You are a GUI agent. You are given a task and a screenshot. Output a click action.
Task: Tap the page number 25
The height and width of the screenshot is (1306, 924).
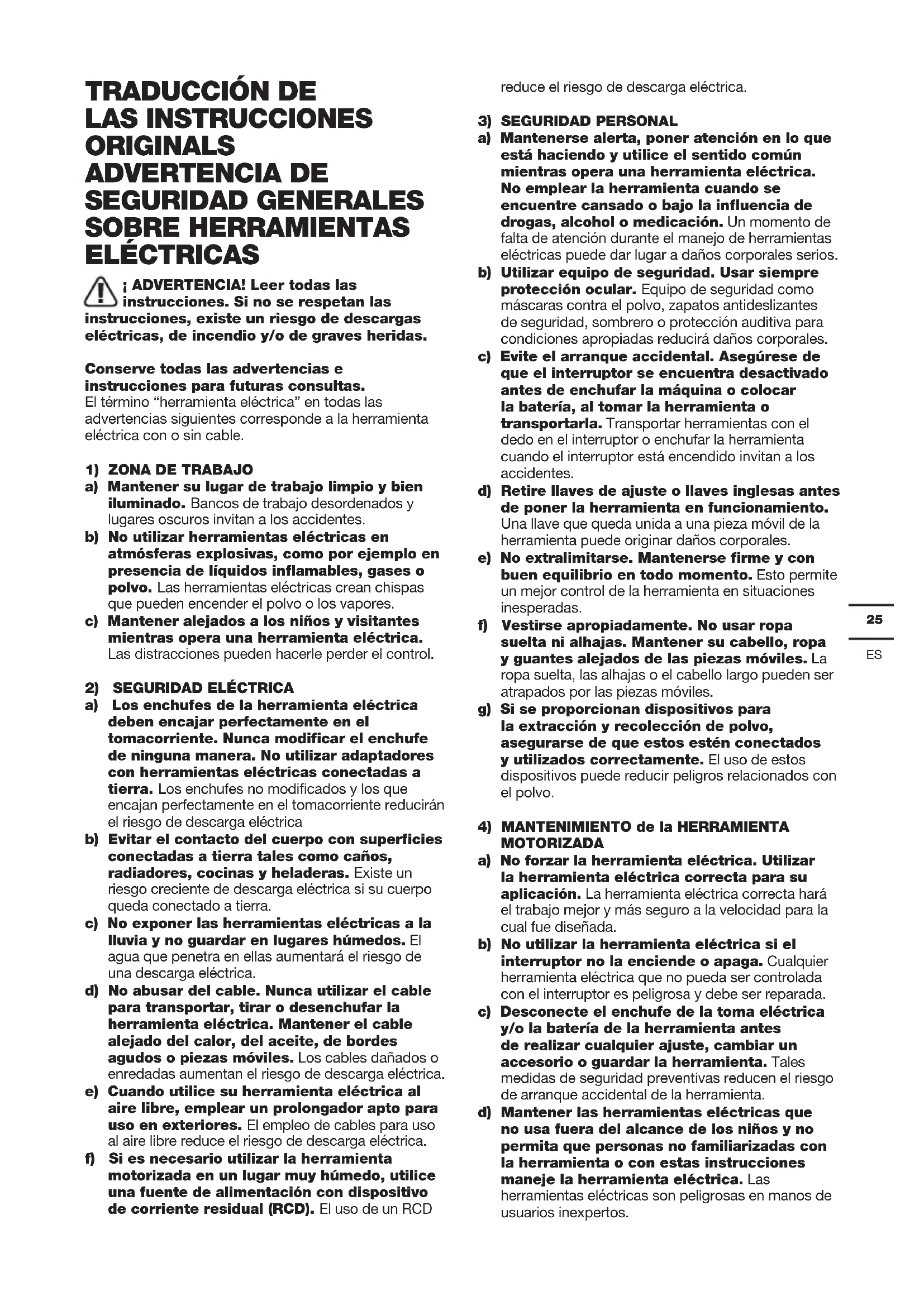coord(874,619)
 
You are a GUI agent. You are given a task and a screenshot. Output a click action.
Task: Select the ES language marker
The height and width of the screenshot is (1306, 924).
coord(874,655)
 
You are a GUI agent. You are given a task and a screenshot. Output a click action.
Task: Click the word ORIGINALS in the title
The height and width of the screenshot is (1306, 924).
coord(160,146)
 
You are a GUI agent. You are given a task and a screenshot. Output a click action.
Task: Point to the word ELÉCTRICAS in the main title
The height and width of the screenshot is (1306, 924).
coord(172,254)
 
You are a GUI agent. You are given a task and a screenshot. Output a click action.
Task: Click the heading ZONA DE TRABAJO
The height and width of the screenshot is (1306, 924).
coord(180,469)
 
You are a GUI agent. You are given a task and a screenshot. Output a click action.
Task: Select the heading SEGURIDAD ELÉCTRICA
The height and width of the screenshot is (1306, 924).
coord(203,688)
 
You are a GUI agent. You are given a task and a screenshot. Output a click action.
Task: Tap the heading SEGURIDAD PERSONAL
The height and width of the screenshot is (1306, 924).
coord(589,121)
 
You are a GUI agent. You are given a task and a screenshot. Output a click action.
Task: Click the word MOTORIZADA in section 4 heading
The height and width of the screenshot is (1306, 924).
coord(552,843)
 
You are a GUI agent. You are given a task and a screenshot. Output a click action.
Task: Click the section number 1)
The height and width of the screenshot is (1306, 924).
coord(92,470)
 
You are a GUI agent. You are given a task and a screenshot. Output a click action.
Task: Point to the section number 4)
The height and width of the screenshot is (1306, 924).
coord(485,826)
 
